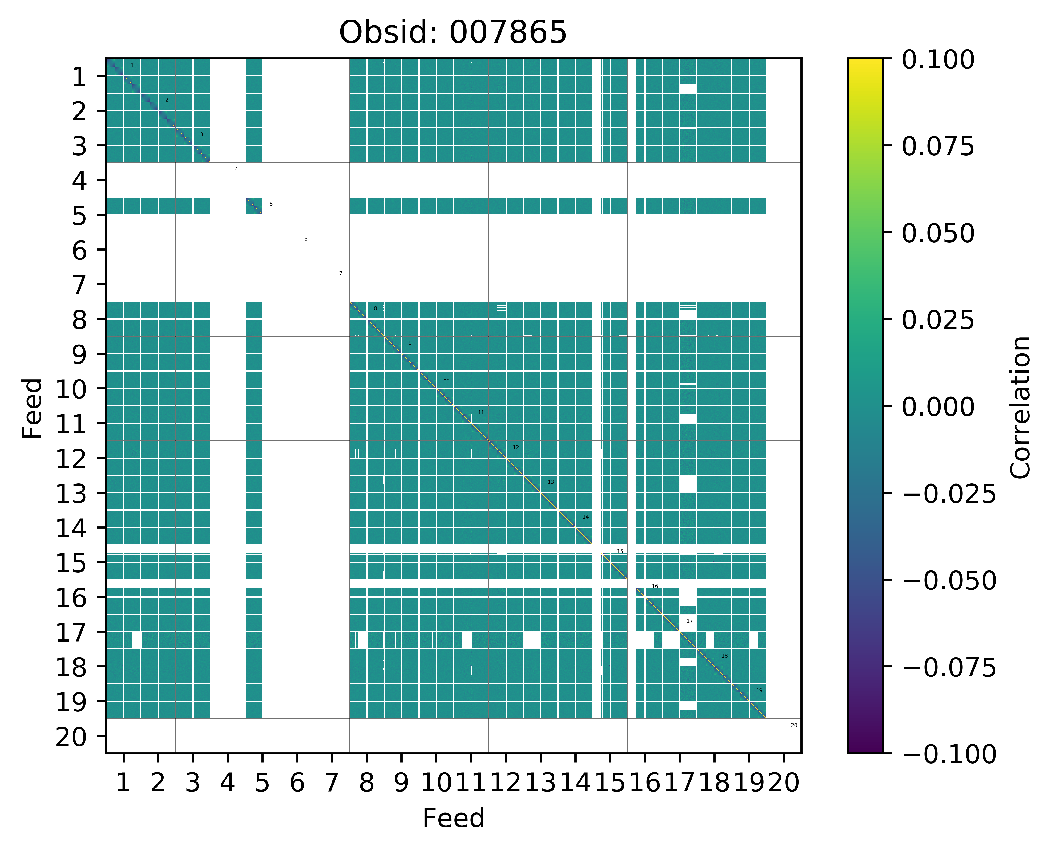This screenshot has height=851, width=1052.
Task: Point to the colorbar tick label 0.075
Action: (x=938, y=147)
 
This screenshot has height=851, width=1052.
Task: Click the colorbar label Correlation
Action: (x=1021, y=407)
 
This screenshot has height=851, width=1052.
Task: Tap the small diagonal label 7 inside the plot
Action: (x=340, y=274)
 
